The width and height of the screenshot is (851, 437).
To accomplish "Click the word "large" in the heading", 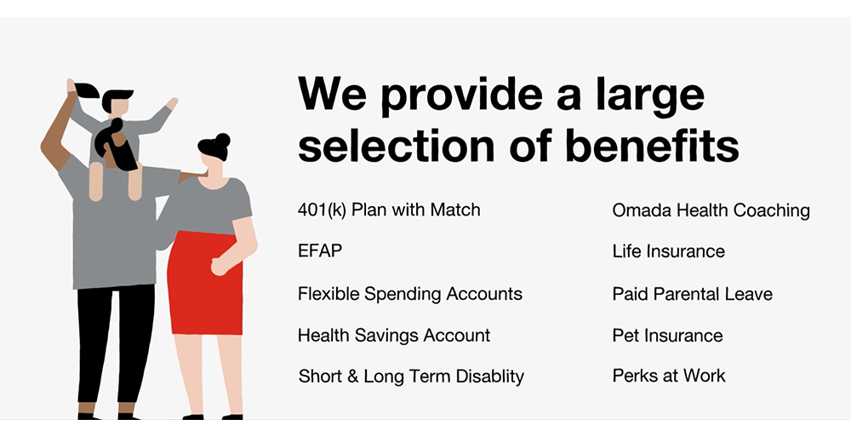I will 649,95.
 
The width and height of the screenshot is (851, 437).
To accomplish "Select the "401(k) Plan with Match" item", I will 389,210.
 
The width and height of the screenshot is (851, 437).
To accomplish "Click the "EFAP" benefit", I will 320,251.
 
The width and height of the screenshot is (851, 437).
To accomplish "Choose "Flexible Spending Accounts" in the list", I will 409,294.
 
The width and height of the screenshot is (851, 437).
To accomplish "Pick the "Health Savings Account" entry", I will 394,336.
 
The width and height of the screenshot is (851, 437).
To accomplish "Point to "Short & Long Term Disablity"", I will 411,377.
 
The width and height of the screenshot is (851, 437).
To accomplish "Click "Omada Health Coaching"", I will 711,210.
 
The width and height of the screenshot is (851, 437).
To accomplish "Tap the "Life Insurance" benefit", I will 668,251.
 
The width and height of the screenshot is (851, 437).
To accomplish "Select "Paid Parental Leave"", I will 692,294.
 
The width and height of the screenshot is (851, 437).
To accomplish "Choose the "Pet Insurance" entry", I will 667,336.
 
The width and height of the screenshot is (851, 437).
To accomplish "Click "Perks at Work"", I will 669,376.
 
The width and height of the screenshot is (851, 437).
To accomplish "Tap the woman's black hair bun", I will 223,140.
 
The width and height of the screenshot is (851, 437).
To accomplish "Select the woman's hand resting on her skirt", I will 220,266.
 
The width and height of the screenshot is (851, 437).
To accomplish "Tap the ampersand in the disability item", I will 352,377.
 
